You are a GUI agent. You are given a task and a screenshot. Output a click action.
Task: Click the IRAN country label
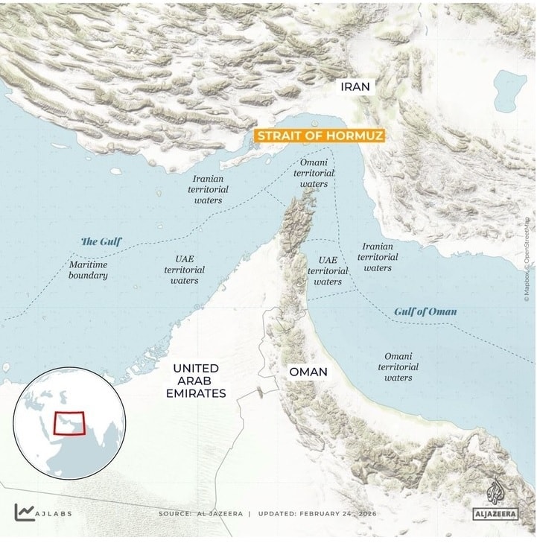coord(355,86)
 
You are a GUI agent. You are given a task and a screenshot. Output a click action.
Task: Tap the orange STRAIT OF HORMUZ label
coord(320,136)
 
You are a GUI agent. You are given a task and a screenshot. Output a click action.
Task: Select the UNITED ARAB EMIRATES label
coord(196,381)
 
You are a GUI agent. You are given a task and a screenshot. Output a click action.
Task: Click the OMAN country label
coord(308,372)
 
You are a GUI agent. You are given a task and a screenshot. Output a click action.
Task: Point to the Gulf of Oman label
coord(425,311)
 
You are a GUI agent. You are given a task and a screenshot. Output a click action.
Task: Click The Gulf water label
coord(101,241)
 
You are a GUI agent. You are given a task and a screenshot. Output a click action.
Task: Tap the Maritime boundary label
coord(89,270)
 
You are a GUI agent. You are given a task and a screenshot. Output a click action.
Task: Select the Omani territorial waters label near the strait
coord(314,173)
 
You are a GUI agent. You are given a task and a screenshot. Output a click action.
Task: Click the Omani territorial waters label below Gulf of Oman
coord(398,366)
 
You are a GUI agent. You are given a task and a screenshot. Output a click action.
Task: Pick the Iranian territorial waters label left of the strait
coord(208,189)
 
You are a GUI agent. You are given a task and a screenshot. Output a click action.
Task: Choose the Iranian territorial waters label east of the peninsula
coord(378,257)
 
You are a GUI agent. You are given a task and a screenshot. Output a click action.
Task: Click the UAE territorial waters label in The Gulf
coord(184,270)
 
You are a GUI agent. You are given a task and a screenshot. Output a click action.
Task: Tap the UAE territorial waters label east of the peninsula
coord(328,271)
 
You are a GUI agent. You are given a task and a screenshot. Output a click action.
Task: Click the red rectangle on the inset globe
coord(69,423)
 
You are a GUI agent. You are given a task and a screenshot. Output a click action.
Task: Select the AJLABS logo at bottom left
coord(43,512)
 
